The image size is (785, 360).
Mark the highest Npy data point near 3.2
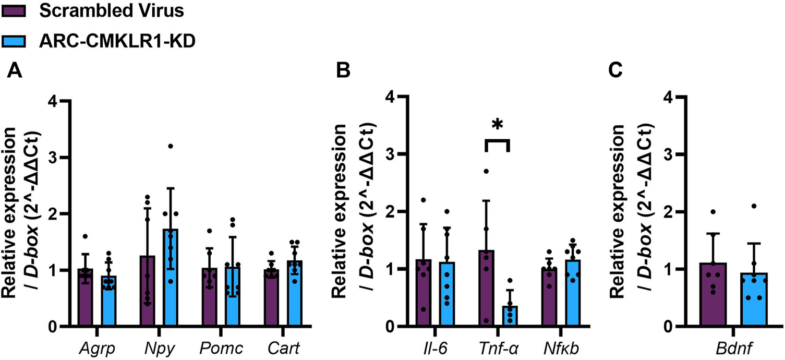tap(170, 146)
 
